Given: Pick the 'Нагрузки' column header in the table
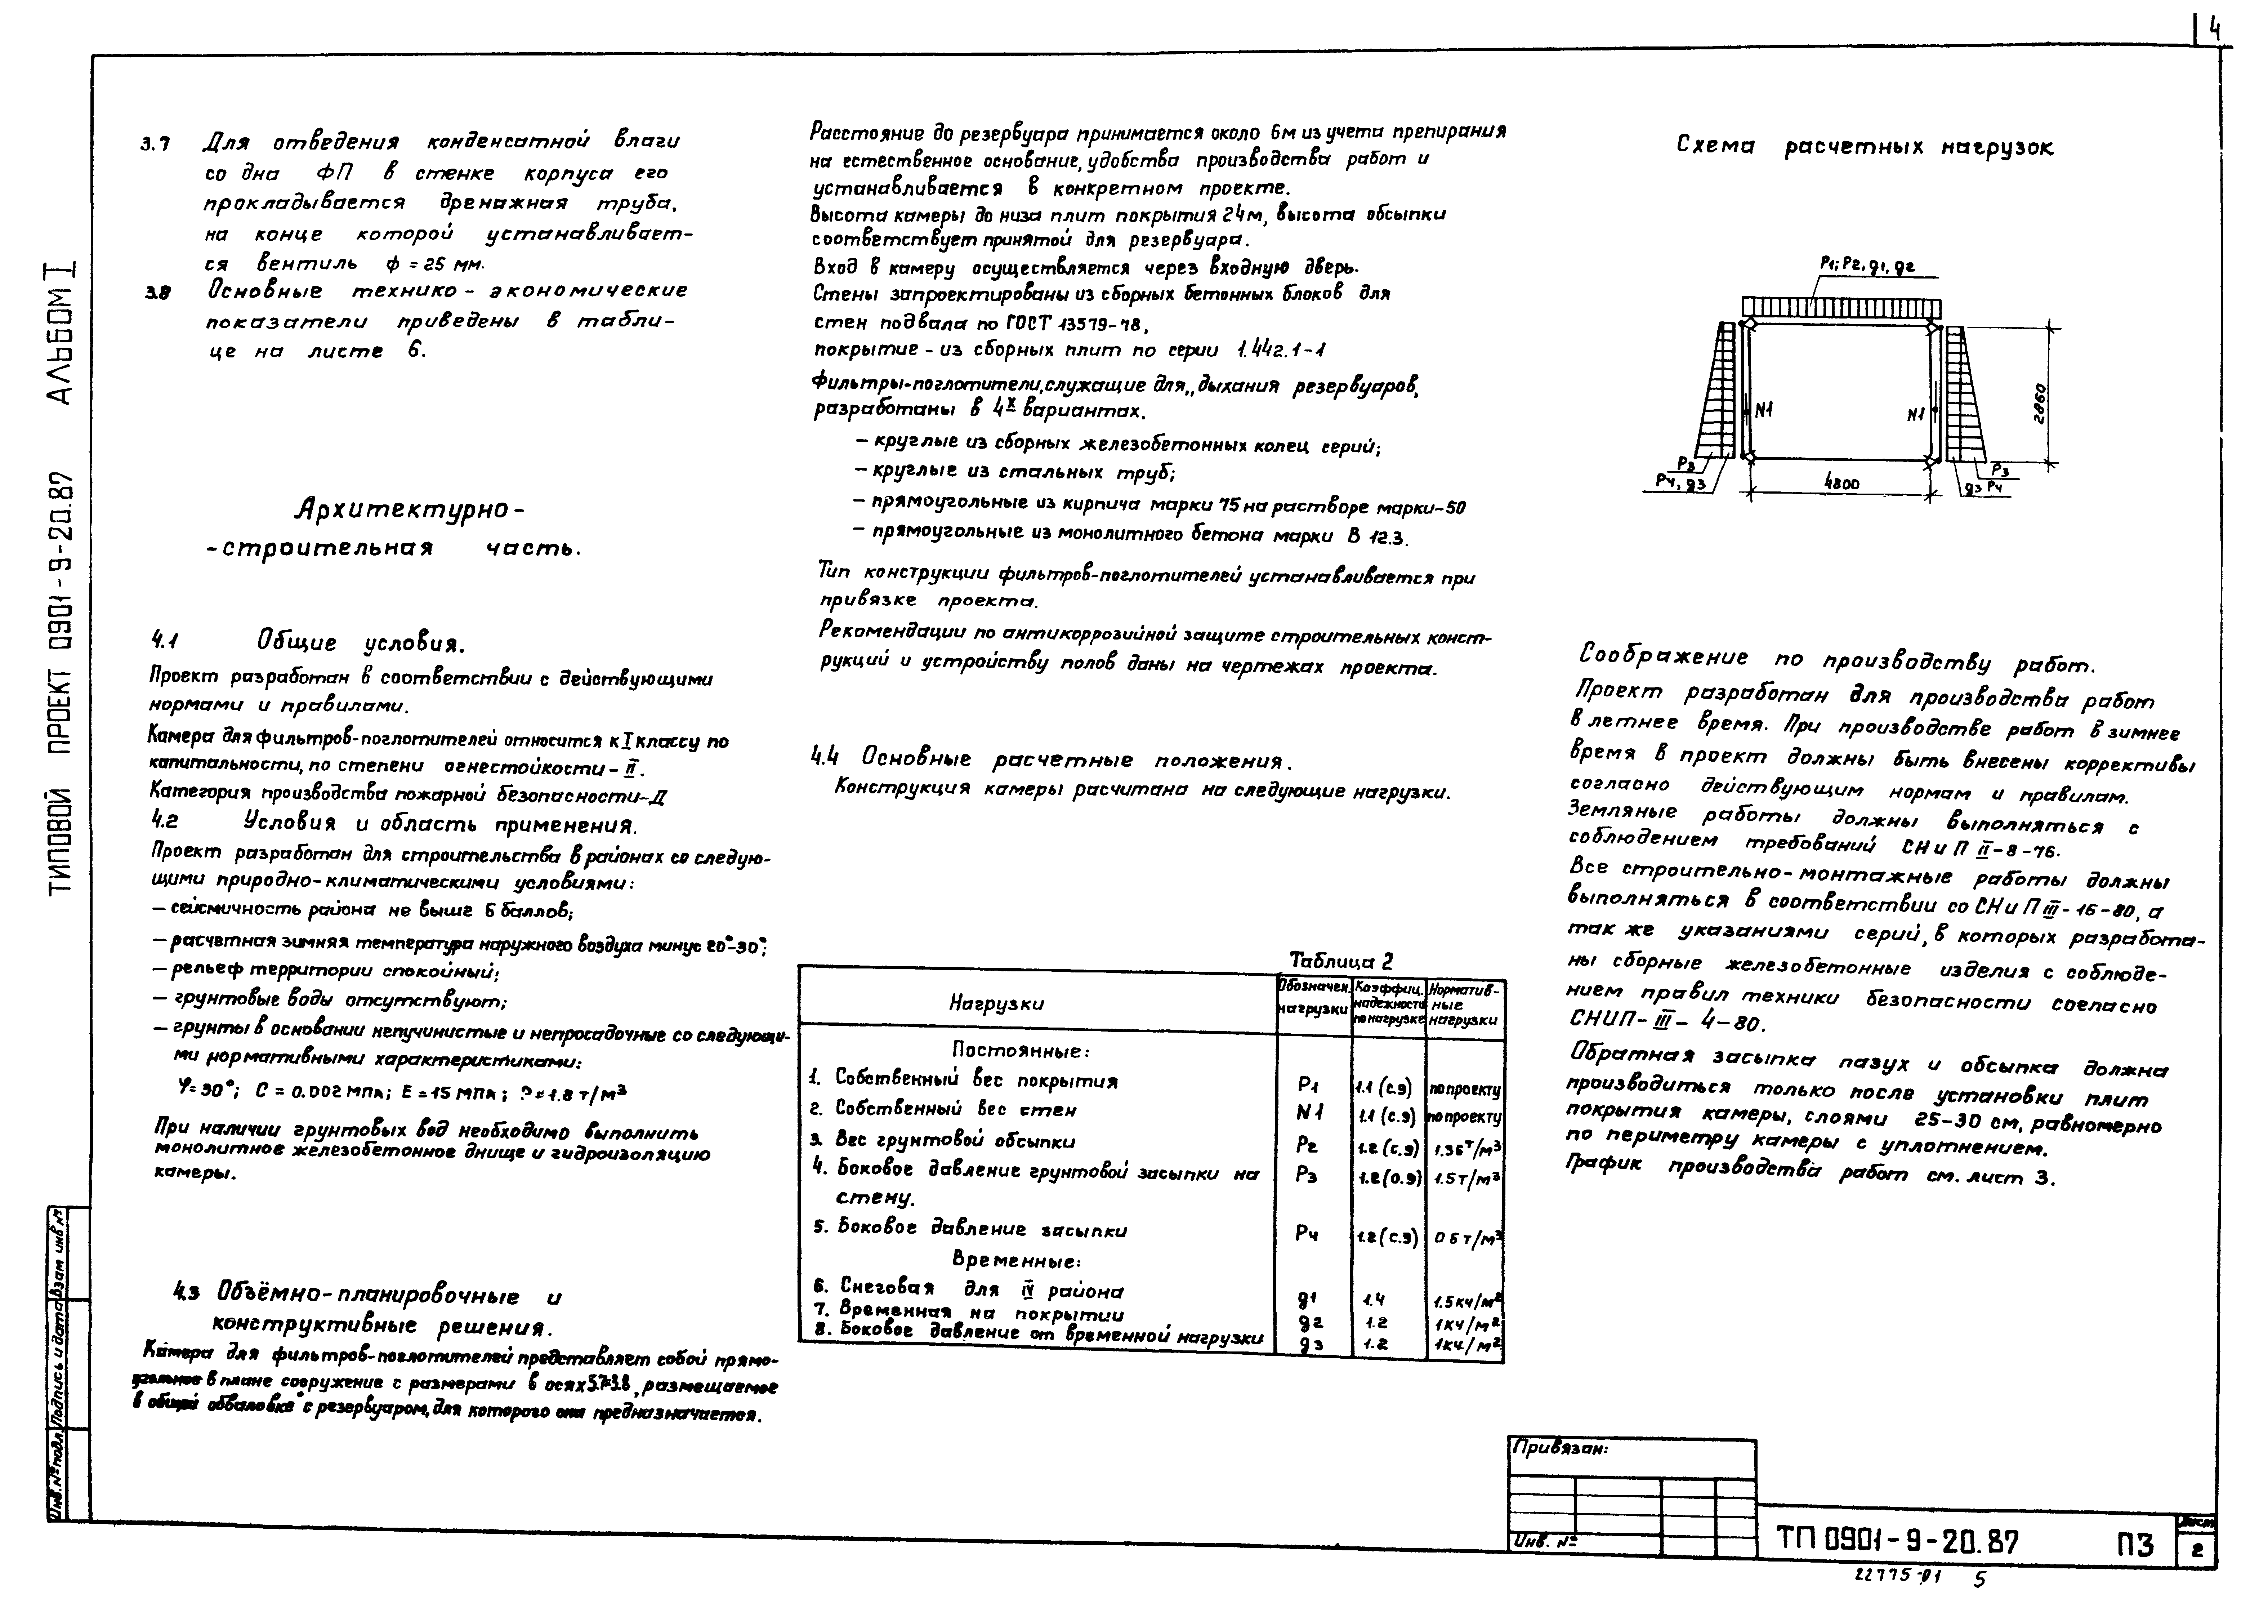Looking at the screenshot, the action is (x=996, y=1004).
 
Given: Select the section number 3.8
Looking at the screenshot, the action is (x=157, y=293).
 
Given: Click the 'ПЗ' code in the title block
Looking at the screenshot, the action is (x=2134, y=1545).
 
